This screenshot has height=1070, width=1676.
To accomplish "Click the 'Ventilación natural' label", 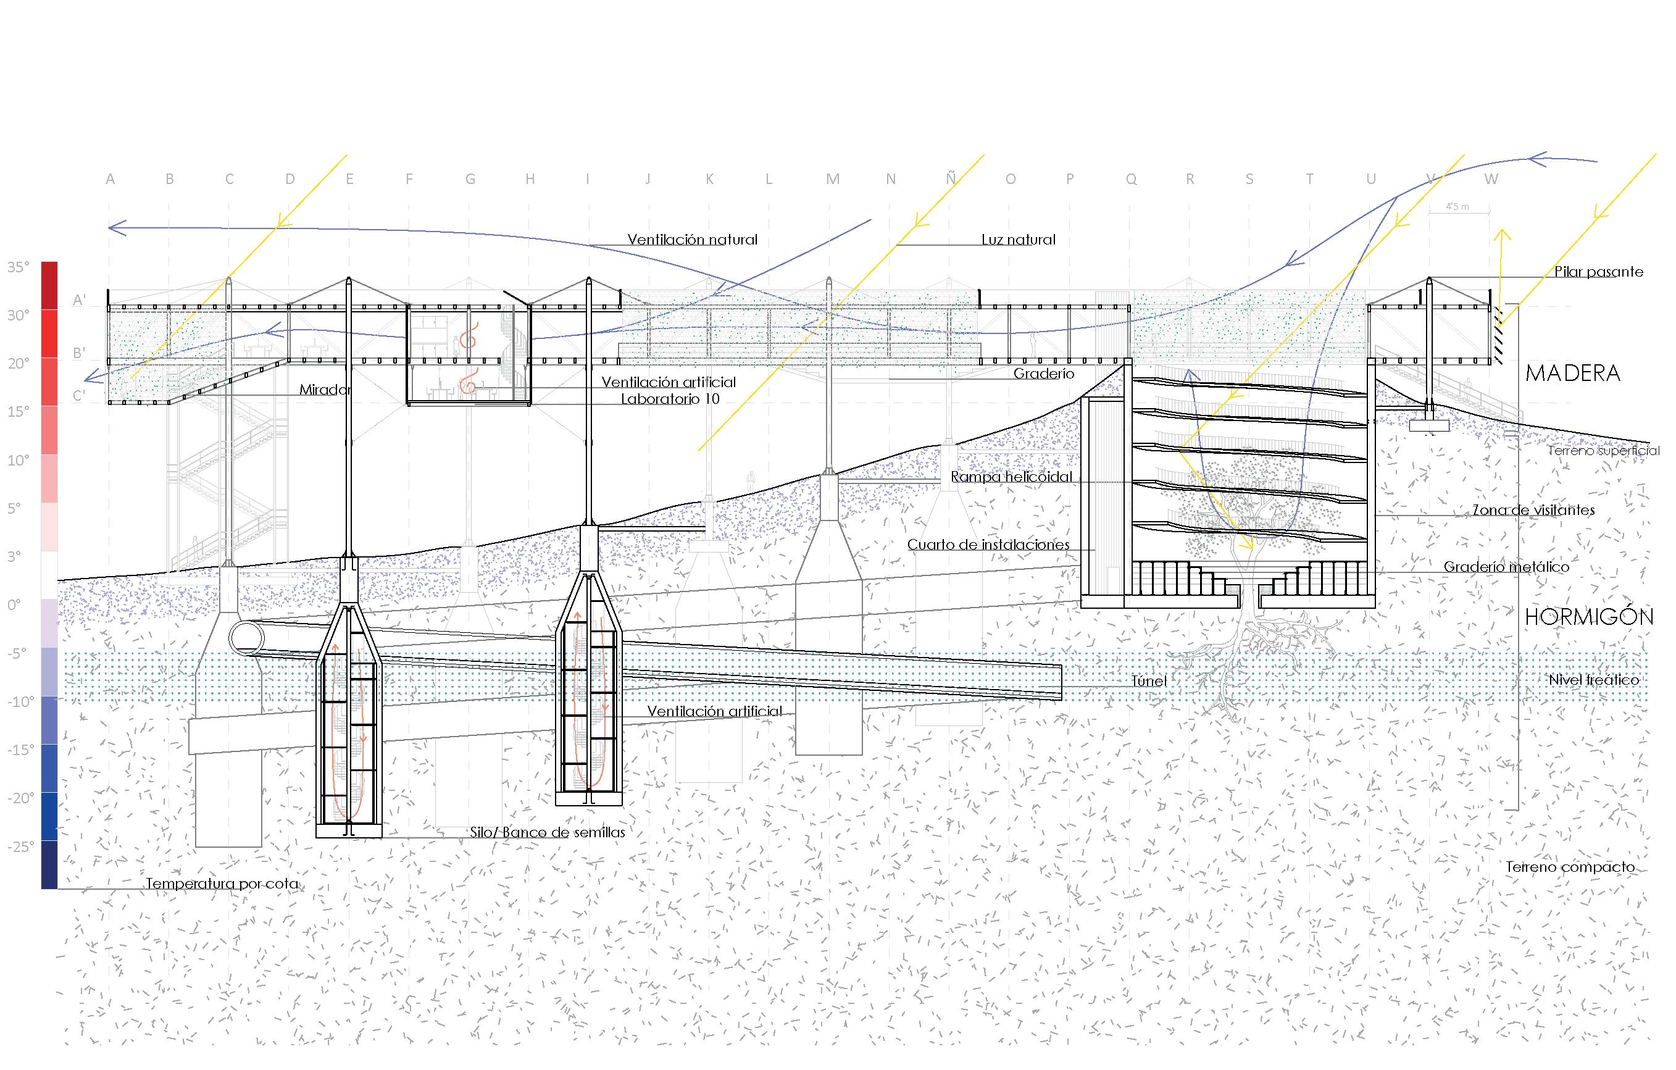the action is pos(692,240).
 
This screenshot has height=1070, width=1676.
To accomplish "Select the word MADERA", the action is pos(1572,374).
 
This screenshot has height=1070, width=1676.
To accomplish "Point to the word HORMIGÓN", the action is pos(1588,617).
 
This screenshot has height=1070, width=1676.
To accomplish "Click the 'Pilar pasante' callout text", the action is pos(1598,272).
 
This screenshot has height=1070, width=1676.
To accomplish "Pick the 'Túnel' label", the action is pos(1148,681).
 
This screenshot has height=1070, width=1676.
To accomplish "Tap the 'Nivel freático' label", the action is pos(1594,679).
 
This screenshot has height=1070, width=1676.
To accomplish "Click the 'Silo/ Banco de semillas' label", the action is pos(547,832).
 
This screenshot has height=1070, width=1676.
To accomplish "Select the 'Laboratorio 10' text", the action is pos(670,399).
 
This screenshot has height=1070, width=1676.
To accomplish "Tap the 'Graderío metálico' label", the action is pos(1506,567).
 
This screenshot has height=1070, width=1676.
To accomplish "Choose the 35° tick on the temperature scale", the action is pos(19,267).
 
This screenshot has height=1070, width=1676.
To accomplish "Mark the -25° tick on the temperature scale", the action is pos(21,846).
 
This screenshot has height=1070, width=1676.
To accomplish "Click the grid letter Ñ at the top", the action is pos(951,179).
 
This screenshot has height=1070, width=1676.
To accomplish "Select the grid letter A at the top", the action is pos(110,180).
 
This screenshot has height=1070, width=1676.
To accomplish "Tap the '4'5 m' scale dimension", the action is pos(1457,207).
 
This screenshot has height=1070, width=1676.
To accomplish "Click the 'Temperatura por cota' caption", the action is pos(222,884).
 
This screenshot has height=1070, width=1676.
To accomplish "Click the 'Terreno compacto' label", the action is pos(1569,867).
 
